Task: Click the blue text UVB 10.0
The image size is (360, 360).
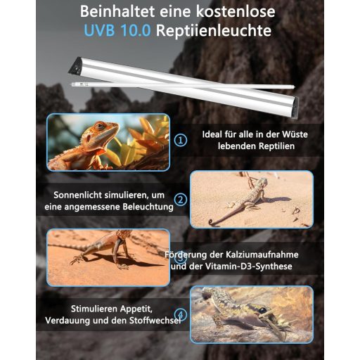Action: (x=117, y=30)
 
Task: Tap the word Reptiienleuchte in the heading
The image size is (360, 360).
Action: (x=214, y=30)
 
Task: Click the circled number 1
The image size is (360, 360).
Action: (x=181, y=140)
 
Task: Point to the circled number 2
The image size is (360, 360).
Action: (x=181, y=200)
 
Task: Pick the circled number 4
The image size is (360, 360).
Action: (x=181, y=314)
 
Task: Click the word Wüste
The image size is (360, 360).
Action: (x=295, y=134)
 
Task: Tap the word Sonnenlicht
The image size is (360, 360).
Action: (x=77, y=195)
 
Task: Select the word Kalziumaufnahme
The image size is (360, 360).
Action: (x=262, y=255)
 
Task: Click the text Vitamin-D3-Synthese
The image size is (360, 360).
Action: (x=249, y=266)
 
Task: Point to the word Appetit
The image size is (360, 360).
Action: (x=135, y=309)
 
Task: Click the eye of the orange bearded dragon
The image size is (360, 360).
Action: (x=101, y=126)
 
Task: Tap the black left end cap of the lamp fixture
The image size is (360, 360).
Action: (x=75, y=65)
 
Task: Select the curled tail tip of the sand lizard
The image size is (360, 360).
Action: (x=211, y=222)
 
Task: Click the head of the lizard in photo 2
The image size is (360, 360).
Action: (x=262, y=182)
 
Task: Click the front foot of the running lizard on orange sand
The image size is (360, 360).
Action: (x=75, y=259)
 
